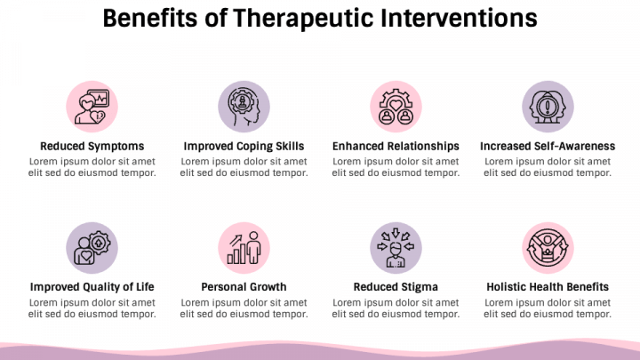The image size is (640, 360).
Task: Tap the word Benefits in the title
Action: point(147,18)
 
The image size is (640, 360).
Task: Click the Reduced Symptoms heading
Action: point(92,146)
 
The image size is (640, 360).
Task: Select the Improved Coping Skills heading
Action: point(244,146)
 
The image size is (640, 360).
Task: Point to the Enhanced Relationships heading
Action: point(396,146)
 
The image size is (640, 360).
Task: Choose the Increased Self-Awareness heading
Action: point(548,146)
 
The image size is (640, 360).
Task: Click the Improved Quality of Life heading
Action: point(92,287)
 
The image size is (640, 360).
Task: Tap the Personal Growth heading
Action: point(244,287)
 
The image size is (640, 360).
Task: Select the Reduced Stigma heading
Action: point(396,287)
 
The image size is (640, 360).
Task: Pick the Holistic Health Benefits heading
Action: point(548,287)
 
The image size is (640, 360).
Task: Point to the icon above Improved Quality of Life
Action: point(92,247)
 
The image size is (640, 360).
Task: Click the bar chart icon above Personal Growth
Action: point(244,247)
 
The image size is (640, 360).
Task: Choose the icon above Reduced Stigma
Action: point(396,247)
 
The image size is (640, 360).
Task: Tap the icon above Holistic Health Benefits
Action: point(548,247)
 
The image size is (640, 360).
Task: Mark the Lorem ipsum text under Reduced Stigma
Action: point(396,308)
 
